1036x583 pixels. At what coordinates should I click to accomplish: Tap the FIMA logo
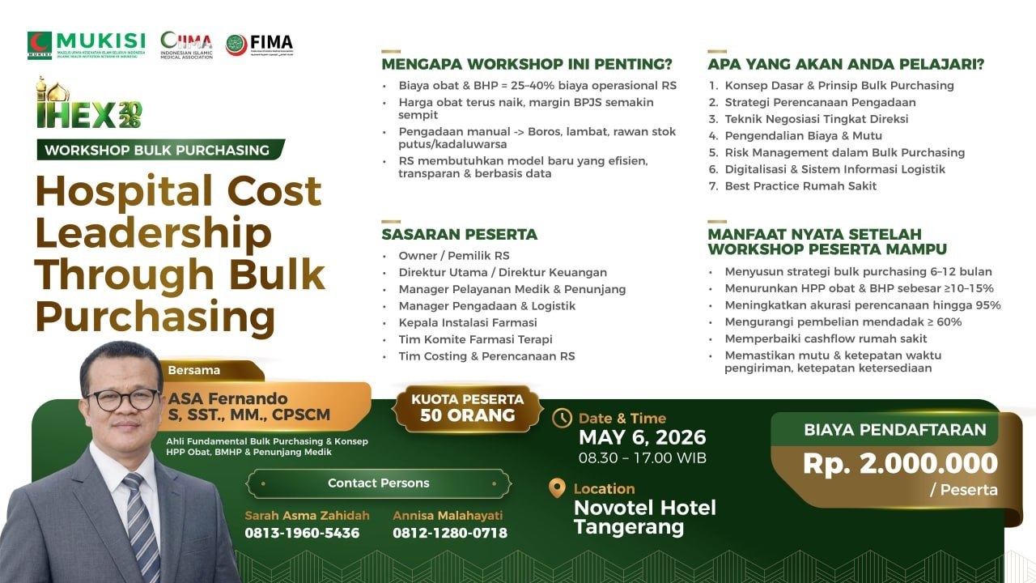click(x=259, y=45)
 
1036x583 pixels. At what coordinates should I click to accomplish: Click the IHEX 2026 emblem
click(x=89, y=105)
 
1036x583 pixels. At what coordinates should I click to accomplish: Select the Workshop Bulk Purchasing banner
click(x=159, y=150)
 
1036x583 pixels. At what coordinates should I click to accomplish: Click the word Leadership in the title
click(x=154, y=233)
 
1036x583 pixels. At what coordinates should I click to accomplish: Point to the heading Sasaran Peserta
click(x=459, y=235)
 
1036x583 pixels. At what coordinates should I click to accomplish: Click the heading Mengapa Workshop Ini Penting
click(x=527, y=64)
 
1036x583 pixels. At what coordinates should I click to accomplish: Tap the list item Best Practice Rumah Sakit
click(x=800, y=186)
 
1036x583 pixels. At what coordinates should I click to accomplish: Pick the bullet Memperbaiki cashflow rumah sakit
click(x=826, y=338)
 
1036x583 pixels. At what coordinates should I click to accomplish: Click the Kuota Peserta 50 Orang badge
click(x=467, y=407)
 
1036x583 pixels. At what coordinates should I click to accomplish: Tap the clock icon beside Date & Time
click(x=562, y=419)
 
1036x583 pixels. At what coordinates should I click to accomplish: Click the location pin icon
click(x=557, y=488)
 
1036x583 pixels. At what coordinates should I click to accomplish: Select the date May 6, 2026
click(x=642, y=437)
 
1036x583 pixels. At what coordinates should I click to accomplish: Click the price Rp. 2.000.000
click(x=900, y=463)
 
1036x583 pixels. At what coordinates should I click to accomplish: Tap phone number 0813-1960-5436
click(x=302, y=533)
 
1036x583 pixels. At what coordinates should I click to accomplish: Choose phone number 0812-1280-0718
click(x=450, y=533)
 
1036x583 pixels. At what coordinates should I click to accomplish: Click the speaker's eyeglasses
click(x=122, y=399)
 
